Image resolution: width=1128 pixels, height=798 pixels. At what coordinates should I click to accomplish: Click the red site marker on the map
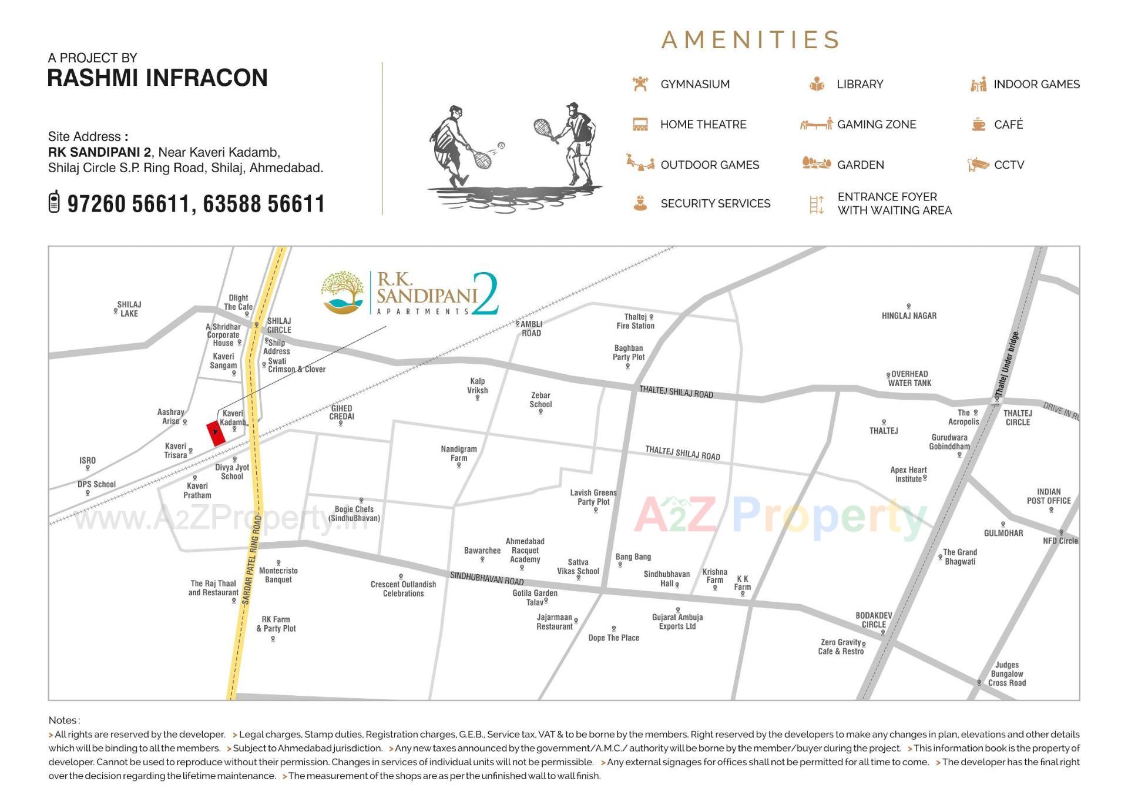coord(216,433)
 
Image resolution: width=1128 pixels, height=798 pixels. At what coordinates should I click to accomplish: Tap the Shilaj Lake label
coord(129,309)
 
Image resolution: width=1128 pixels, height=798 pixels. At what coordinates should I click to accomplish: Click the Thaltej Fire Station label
coord(635,321)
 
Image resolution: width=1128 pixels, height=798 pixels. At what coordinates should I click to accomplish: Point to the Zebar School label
coord(540,400)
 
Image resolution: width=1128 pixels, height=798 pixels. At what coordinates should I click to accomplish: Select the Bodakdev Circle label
coord(874,620)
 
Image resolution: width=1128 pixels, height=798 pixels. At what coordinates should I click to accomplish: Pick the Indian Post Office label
coord(1049,496)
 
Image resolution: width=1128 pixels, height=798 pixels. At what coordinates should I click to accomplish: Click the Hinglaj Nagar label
coord(909,316)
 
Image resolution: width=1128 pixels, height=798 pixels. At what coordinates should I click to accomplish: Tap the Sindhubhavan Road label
coord(486,578)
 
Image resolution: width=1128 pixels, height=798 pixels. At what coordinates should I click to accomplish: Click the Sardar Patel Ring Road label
coord(251,559)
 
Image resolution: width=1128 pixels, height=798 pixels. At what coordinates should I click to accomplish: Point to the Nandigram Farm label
coord(459,453)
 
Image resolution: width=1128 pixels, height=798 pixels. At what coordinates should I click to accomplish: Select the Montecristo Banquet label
coord(278,575)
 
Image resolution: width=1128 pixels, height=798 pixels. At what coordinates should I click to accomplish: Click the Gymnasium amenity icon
coord(640,84)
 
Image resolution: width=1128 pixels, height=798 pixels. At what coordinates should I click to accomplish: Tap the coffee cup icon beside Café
coord(978,124)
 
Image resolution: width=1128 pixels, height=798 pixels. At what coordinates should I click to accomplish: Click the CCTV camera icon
coord(978,165)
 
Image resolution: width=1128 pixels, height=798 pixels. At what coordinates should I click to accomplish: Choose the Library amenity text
coord(860,84)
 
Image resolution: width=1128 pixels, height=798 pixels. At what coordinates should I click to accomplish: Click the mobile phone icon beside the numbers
coord(54,202)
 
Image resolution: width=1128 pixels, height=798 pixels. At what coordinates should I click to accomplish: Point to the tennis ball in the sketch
coord(501,145)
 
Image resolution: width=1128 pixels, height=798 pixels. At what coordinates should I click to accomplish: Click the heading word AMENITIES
coord(750,40)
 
